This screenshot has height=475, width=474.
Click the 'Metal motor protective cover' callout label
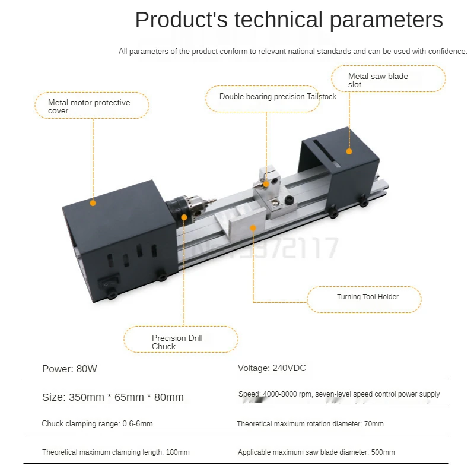click(x=89, y=106)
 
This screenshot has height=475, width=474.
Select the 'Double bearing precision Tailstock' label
click(x=278, y=97)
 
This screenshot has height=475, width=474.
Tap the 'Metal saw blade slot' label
click(x=378, y=80)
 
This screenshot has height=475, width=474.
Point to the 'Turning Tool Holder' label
click(x=368, y=297)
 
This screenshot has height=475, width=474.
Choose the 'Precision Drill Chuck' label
click(x=177, y=342)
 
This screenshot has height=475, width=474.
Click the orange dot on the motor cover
click(x=93, y=203)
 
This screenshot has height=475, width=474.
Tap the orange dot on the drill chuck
click(x=184, y=218)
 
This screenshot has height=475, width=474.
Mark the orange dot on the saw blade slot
click(x=349, y=151)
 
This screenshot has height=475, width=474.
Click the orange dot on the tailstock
click(x=266, y=185)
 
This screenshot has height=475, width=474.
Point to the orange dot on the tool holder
click(x=253, y=227)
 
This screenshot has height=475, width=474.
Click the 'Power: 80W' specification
click(x=69, y=369)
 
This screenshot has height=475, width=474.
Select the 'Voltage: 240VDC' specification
click(x=272, y=368)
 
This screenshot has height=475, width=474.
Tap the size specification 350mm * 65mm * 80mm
click(x=113, y=397)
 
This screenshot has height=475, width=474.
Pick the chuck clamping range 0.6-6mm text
click(x=97, y=424)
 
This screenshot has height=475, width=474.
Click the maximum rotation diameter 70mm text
click(x=310, y=424)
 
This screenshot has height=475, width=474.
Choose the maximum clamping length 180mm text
click(x=116, y=452)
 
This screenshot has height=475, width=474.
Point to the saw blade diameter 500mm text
click(x=316, y=452)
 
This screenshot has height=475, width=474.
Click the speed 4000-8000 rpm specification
click(x=339, y=394)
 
